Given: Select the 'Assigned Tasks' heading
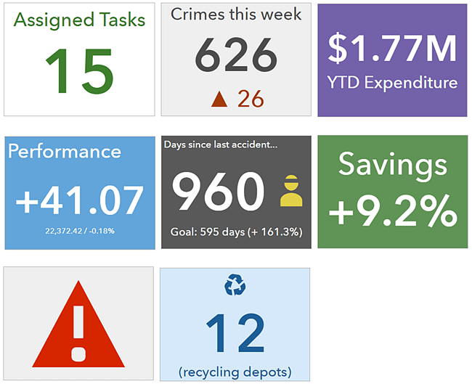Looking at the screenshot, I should coord(79,20).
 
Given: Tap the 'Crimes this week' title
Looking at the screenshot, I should coord(236,14).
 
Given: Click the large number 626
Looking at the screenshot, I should coord(237,56).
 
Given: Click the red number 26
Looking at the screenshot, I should coord(251,99).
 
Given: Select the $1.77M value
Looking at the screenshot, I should coord(392,47).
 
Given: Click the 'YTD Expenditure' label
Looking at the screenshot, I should coord(393,82).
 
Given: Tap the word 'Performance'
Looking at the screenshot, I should coord(65,151).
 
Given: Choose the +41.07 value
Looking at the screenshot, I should coord(80,199).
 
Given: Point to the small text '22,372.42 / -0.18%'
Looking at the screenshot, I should coord(80,231).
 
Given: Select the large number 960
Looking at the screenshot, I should coord(218,192).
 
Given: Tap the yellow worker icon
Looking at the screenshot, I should coord(290,192).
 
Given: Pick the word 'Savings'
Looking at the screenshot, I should coord(393,165).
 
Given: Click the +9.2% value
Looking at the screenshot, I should coord(393,211).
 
